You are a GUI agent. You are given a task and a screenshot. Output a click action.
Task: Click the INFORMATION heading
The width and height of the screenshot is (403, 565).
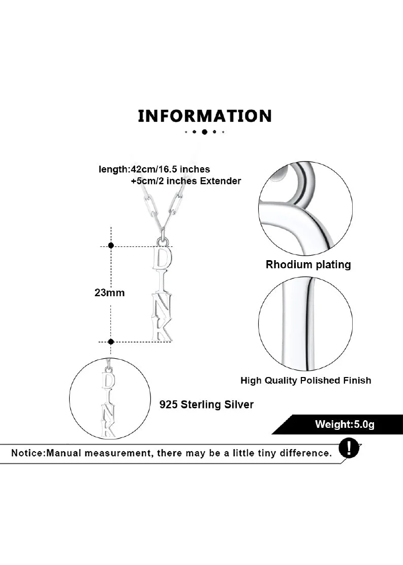point(205,116)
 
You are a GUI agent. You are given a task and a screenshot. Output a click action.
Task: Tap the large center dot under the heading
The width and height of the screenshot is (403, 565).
point(204,132)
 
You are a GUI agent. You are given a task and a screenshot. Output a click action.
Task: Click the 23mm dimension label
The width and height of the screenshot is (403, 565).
point(110,293)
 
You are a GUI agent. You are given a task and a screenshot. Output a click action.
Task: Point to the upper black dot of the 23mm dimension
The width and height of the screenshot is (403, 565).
point(111,245)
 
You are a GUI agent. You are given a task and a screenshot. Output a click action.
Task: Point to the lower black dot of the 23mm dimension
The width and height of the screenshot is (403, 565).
point(111,341)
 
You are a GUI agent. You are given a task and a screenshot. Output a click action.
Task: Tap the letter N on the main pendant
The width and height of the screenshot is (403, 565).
point(162,305)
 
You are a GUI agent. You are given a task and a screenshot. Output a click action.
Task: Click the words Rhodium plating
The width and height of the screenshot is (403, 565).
point(308,265)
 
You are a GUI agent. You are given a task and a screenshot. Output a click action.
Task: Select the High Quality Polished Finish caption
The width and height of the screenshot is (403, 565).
point(305,381)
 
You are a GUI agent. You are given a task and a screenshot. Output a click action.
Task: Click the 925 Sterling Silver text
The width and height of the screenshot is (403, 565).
point(206,404)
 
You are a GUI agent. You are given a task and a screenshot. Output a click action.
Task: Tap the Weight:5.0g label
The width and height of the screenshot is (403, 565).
point(345,424)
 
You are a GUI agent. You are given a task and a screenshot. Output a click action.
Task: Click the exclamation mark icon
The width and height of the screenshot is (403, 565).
point(349,449)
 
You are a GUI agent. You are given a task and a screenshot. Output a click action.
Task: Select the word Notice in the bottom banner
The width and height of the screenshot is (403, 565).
point(27,453)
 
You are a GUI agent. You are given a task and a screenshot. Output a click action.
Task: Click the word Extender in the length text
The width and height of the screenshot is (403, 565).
point(220,181)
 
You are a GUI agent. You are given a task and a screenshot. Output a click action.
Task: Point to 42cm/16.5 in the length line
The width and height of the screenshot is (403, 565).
point(154,169)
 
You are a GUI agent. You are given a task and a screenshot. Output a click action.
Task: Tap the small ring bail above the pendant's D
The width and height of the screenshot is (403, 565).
point(162,241)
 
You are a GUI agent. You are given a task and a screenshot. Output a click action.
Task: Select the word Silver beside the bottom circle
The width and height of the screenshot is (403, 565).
point(239,404)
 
